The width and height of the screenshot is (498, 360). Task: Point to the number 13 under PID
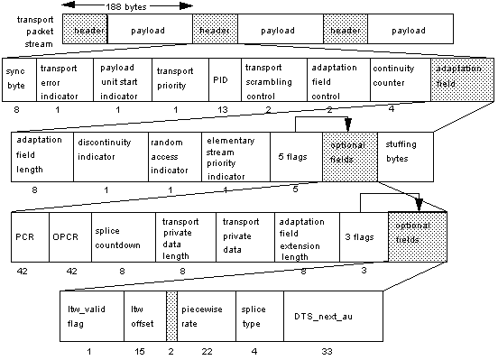point(223,109)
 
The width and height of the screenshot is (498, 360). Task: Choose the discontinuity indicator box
point(110,157)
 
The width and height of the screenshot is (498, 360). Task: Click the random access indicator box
point(173,157)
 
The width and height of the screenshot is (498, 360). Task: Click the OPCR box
point(64,236)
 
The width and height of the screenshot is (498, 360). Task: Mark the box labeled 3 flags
point(363,236)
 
